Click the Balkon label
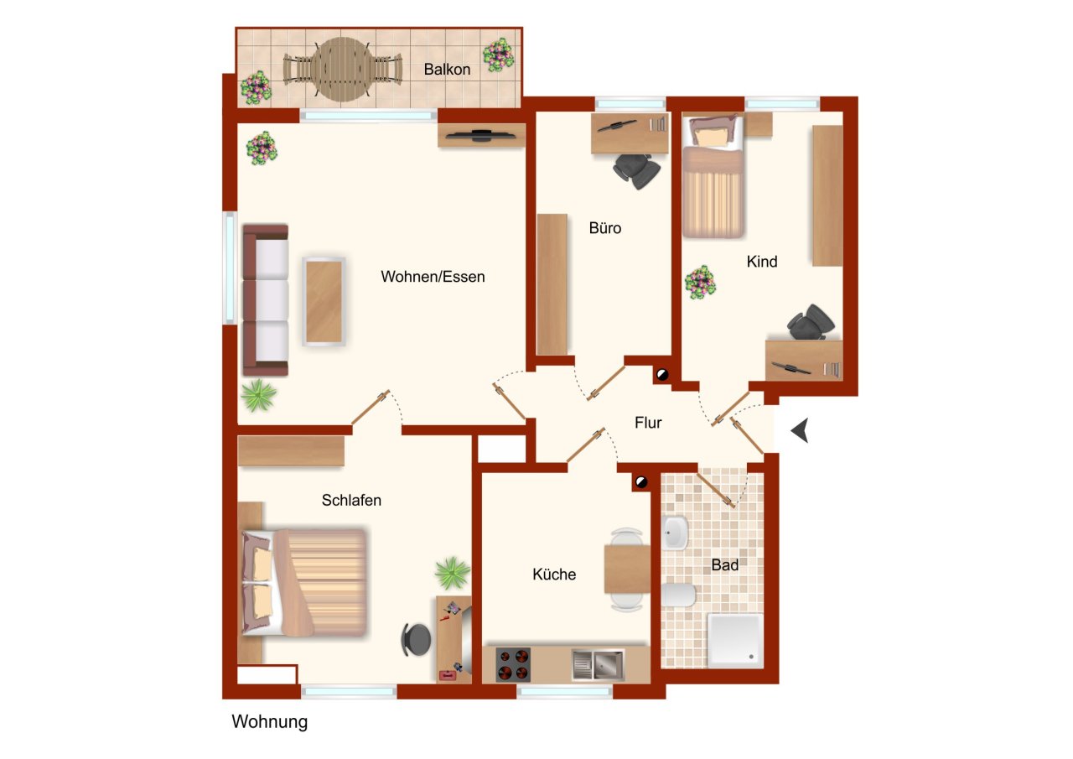[447, 70]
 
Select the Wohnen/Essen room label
[433, 277]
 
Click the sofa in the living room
[266, 299]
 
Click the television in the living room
[480, 134]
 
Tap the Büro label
[605, 227]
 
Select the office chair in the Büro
[636, 170]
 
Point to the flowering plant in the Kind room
[700, 283]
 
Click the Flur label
[648, 424]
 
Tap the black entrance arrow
[801, 431]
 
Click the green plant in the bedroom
[453, 574]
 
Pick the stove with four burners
[513, 664]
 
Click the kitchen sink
[598, 665]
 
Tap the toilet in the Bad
[678, 595]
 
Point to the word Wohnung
[270, 721]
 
